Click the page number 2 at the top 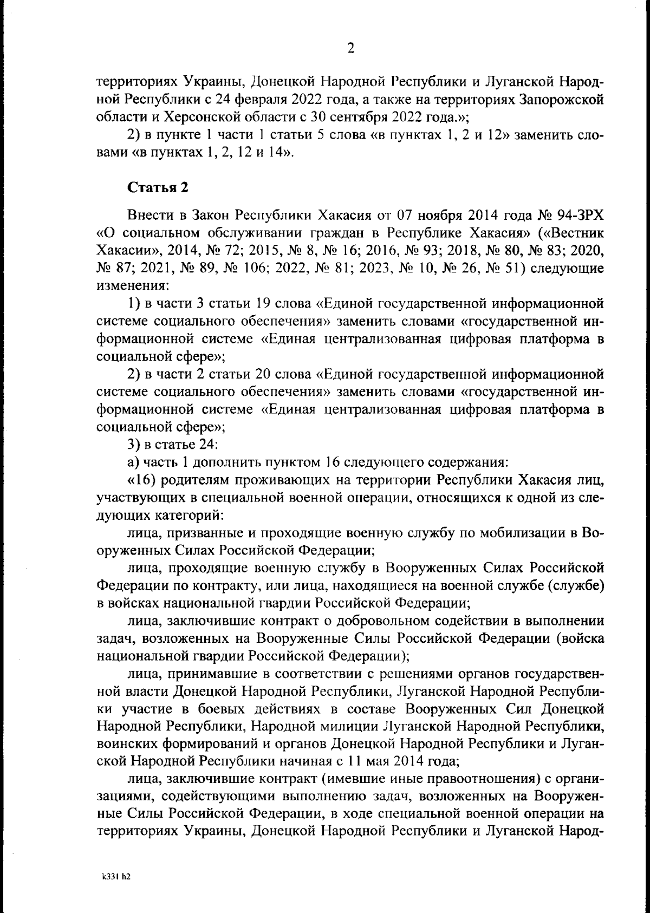click(x=350, y=49)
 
